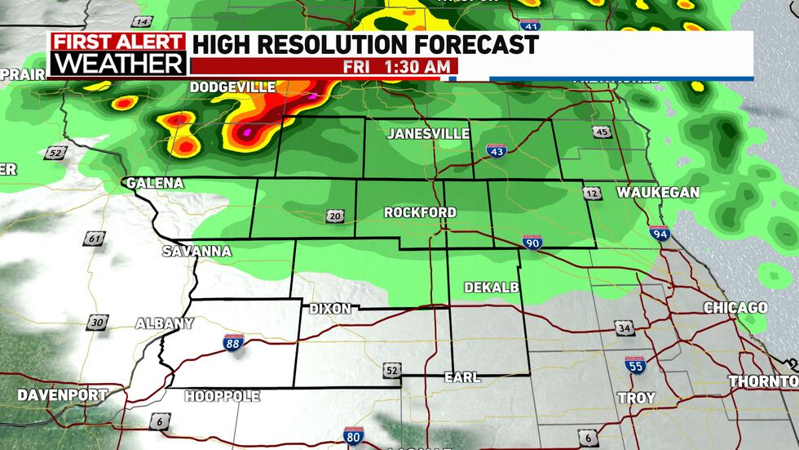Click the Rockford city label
pos(420,212)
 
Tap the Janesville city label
pos(428,133)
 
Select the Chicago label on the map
pos(735,308)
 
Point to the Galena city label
pos(155,183)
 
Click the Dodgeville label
pos(233,87)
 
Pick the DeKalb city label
pos(491,287)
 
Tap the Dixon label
pos(329,309)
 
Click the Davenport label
pos(63,395)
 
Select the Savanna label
pos(196,251)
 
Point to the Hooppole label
pos(222,397)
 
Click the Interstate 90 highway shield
pos(532,242)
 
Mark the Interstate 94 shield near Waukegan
pos(659,234)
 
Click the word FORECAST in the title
pos(467,43)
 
